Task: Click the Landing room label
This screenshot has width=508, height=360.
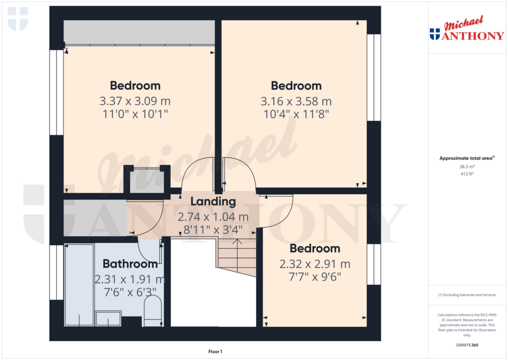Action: (x=213, y=202)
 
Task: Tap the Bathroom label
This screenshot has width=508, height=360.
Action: (x=130, y=264)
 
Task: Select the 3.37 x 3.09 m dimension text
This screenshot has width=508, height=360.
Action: (x=135, y=101)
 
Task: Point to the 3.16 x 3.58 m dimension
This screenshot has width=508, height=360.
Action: (x=296, y=101)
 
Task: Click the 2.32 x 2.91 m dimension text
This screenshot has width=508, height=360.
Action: (x=315, y=264)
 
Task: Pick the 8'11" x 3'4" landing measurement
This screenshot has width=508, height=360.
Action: (x=213, y=230)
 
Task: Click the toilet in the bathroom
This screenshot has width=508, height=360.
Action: (x=152, y=311)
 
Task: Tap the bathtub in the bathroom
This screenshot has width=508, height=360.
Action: (x=79, y=285)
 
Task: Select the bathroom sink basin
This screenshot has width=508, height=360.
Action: (x=108, y=318)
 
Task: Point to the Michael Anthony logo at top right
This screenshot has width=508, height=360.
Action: (x=467, y=28)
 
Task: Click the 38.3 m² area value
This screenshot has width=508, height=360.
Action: (x=467, y=166)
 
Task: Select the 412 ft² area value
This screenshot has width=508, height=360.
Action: (x=467, y=174)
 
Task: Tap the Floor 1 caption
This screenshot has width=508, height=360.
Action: (x=215, y=352)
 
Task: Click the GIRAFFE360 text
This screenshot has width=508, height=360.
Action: (x=467, y=345)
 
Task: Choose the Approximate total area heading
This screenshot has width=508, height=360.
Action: (x=467, y=158)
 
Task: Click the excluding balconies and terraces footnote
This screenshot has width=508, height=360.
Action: (x=467, y=295)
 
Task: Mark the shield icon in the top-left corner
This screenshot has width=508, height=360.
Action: (x=18, y=19)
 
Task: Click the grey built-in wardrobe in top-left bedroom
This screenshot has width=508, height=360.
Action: (x=139, y=32)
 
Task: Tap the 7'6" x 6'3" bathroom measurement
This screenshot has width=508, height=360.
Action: (x=130, y=292)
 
